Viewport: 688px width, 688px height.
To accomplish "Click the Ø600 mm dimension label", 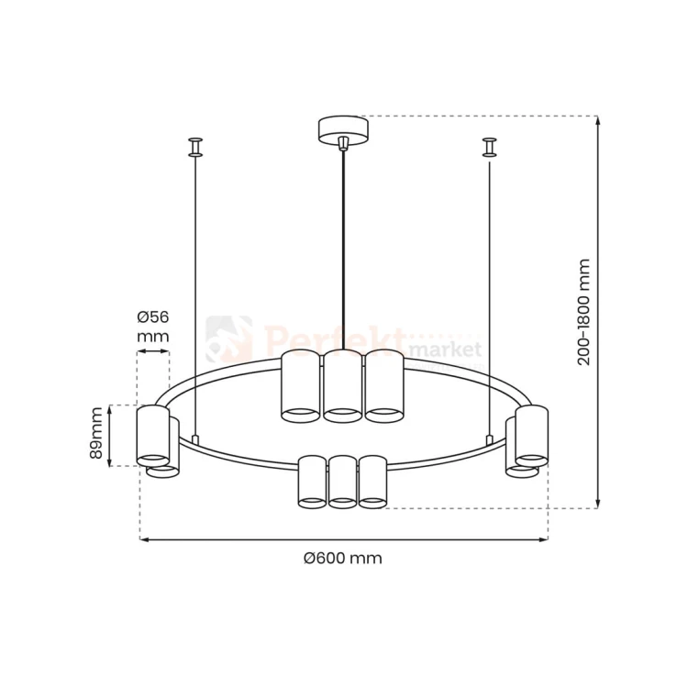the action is click(x=343, y=558).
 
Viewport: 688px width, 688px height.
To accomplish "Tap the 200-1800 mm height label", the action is click(x=583, y=312).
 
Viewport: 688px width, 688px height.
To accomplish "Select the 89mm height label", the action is click(x=95, y=433).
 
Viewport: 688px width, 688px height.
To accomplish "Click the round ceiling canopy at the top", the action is click(x=343, y=129).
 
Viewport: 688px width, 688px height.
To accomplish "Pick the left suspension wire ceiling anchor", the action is click(x=195, y=147).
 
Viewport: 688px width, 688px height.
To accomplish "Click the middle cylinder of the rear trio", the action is click(x=343, y=386).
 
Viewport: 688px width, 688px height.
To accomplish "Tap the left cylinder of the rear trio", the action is click(x=301, y=386).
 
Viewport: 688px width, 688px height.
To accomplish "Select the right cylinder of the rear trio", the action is click(x=384, y=386).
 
